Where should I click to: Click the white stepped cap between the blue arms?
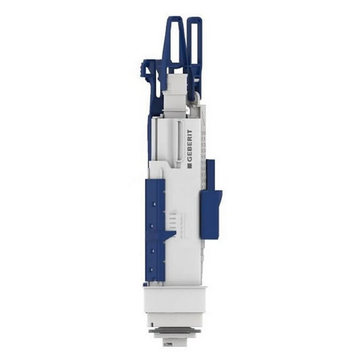[x=177, y=90]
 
